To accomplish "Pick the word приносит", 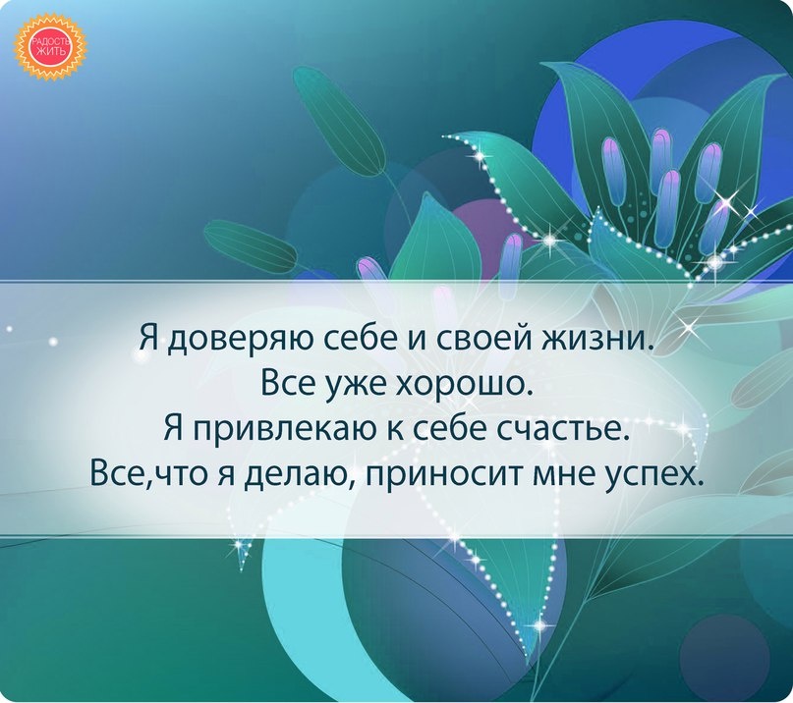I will (x=444, y=475).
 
